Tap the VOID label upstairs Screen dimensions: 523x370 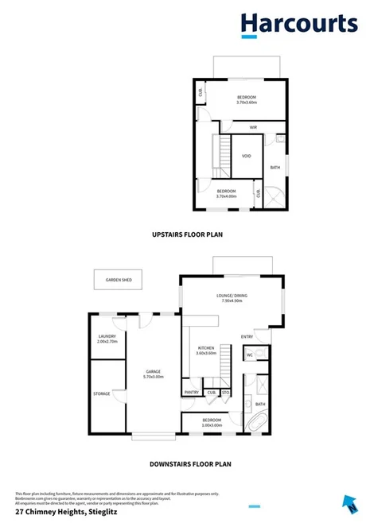[x=246, y=156]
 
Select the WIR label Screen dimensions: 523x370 [x=252, y=127]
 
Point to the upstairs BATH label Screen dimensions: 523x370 [x=275, y=167]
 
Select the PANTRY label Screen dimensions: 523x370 [x=191, y=392]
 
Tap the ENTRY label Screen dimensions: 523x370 [x=247, y=338]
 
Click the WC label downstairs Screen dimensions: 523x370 [x=249, y=354]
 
